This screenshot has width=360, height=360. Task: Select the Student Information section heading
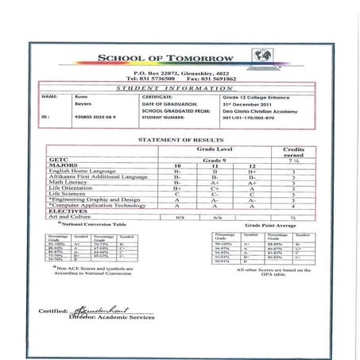click(181, 87)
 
